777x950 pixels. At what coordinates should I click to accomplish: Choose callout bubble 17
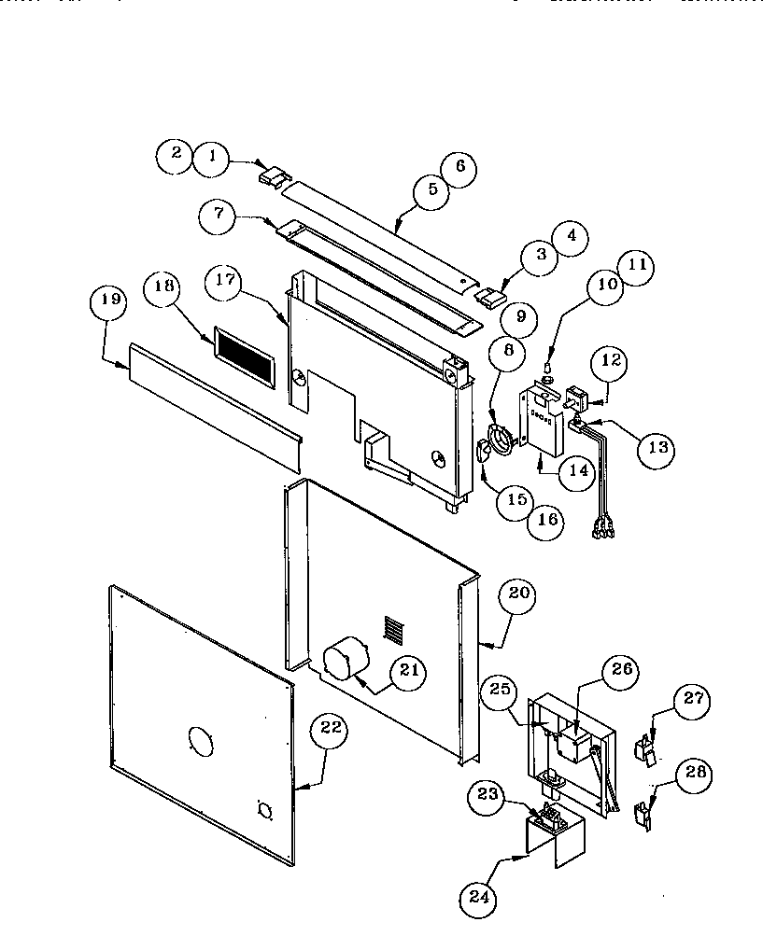pos(224,281)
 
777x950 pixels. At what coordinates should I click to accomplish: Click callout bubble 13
pos(657,448)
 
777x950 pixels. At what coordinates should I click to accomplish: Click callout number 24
pos(478,898)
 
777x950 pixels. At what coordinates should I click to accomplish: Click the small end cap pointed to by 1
pos(272,174)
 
